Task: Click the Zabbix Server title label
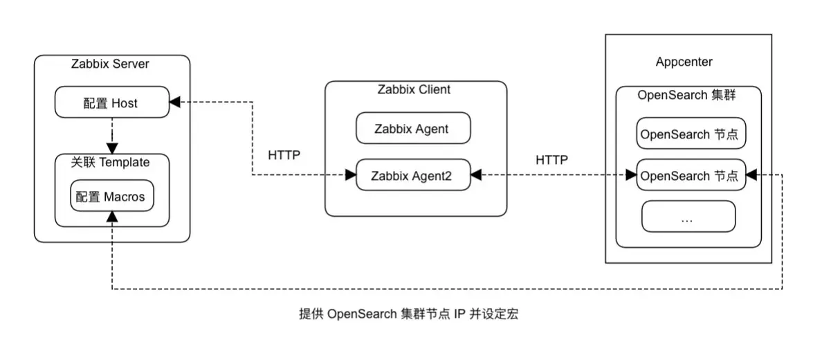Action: click(110, 64)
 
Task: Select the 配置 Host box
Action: click(111, 103)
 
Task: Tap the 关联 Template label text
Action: click(110, 162)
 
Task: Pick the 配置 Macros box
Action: click(111, 197)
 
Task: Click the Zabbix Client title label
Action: click(414, 89)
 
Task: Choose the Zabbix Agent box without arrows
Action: click(412, 129)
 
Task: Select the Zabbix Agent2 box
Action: click(412, 176)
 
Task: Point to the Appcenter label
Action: click(684, 62)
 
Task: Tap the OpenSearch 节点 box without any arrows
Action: click(691, 134)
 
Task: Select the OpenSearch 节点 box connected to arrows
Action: click(691, 176)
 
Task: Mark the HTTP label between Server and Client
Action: click(284, 155)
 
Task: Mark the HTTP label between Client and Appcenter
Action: click(551, 160)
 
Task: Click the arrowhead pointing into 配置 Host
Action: click(175, 102)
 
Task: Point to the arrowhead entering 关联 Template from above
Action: click(111, 149)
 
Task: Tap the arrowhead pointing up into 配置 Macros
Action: click(111, 217)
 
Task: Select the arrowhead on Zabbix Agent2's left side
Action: click(350, 176)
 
